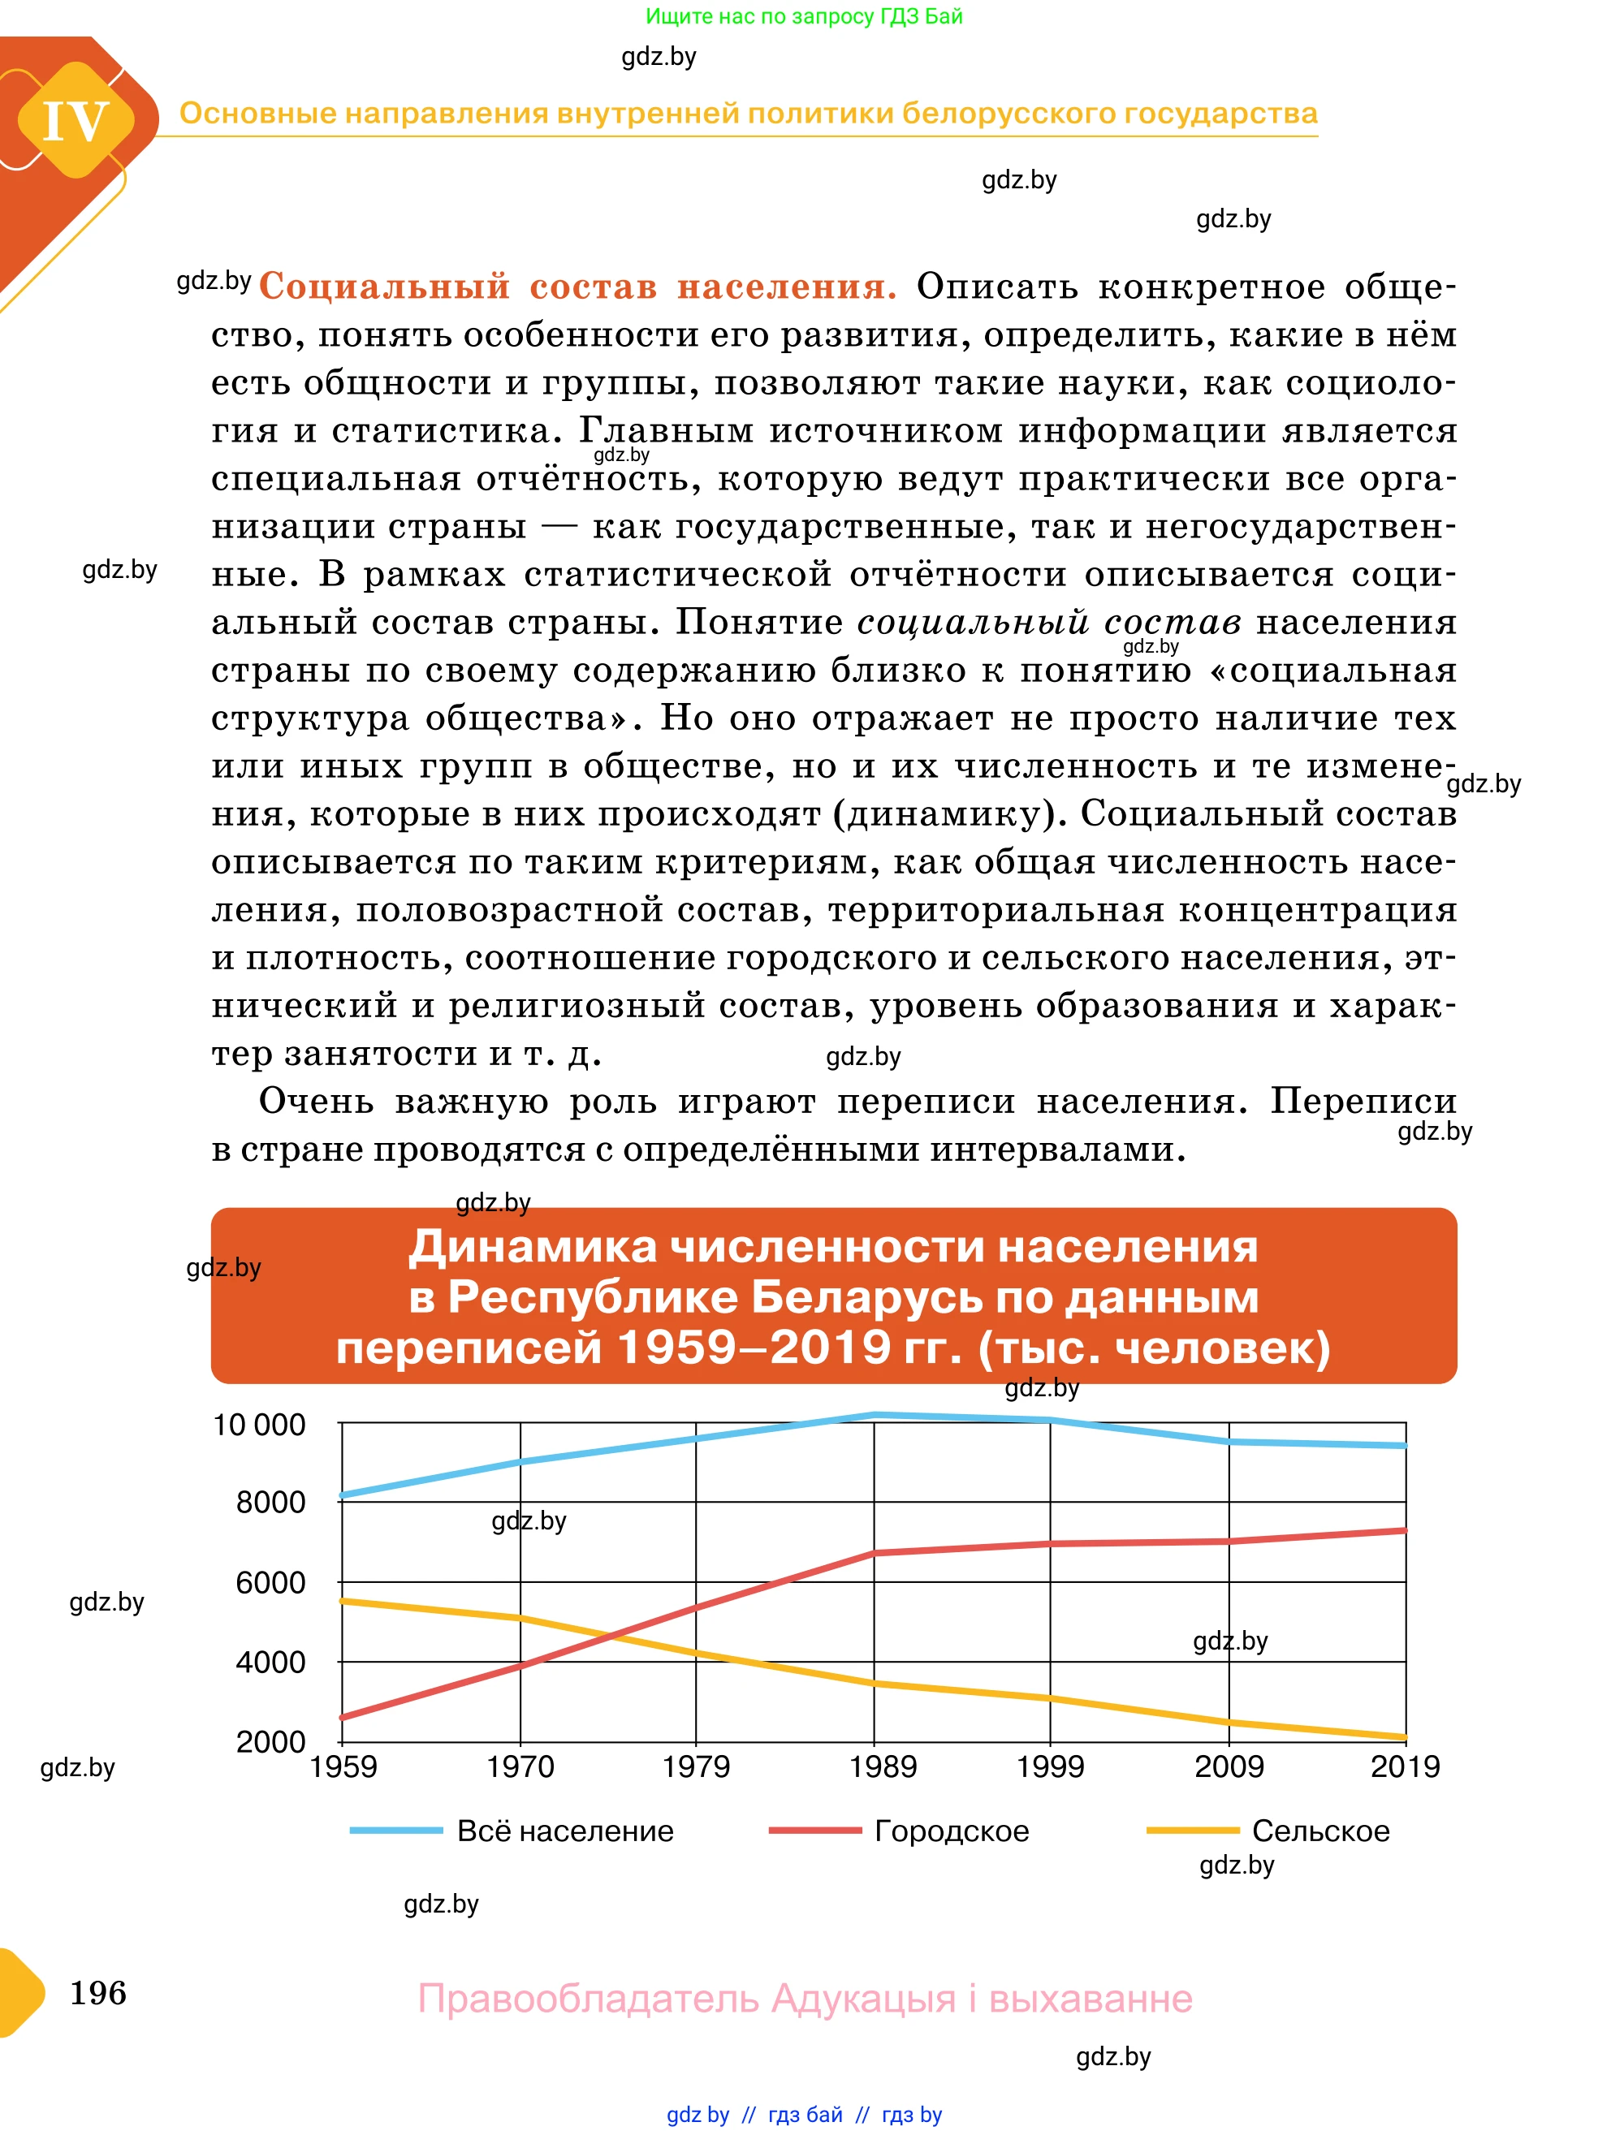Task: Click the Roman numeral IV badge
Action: (x=76, y=122)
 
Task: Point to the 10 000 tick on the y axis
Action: (x=259, y=1425)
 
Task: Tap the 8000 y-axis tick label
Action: (x=270, y=1503)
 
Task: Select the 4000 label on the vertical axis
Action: (x=270, y=1662)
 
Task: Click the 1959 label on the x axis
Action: (x=343, y=1767)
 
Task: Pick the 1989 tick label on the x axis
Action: (x=883, y=1767)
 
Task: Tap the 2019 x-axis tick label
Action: (x=1405, y=1767)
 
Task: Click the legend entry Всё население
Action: (x=564, y=1831)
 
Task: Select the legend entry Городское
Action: (x=951, y=1831)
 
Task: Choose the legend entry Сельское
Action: (x=1319, y=1831)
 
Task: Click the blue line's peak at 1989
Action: (x=875, y=1415)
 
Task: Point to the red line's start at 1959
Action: (x=343, y=1717)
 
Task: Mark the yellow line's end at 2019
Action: (x=1405, y=1737)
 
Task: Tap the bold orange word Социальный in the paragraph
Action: (x=384, y=287)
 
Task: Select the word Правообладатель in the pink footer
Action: (x=588, y=1998)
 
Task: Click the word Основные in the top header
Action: (x=256, y=114)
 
